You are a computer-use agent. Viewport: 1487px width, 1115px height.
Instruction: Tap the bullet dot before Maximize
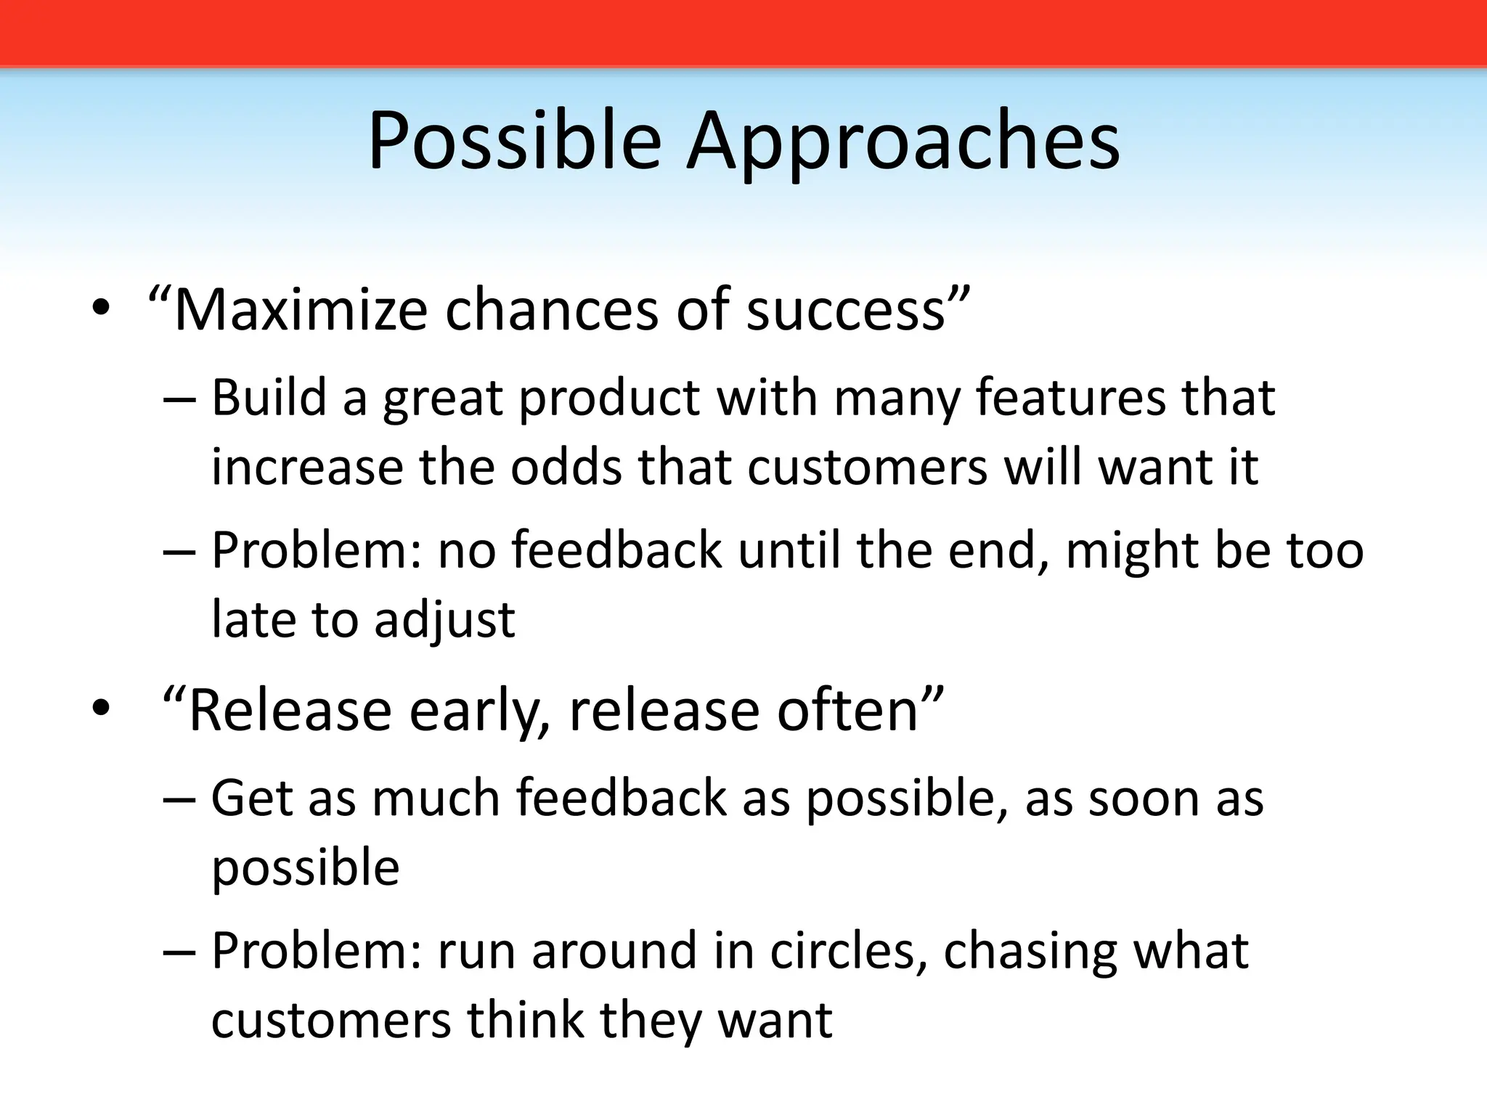click(x=100, y=310)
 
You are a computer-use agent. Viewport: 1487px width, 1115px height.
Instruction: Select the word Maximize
click(x=300, y=310)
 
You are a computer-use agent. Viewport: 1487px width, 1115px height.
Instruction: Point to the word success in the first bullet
click(x=846, y=310)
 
